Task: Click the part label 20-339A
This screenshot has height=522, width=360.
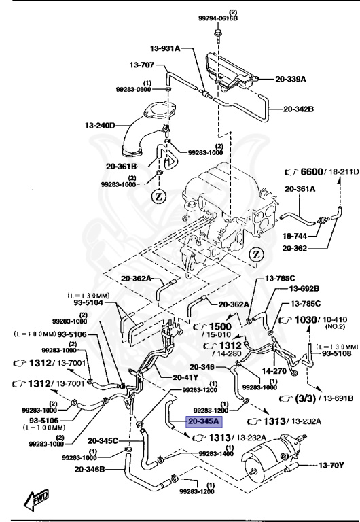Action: coord(291,79)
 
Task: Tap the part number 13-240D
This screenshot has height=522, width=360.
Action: coord(101,125)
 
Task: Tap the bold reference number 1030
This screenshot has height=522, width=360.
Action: coord(307,319)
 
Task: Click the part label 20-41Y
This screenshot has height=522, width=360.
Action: coord(168,378)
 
